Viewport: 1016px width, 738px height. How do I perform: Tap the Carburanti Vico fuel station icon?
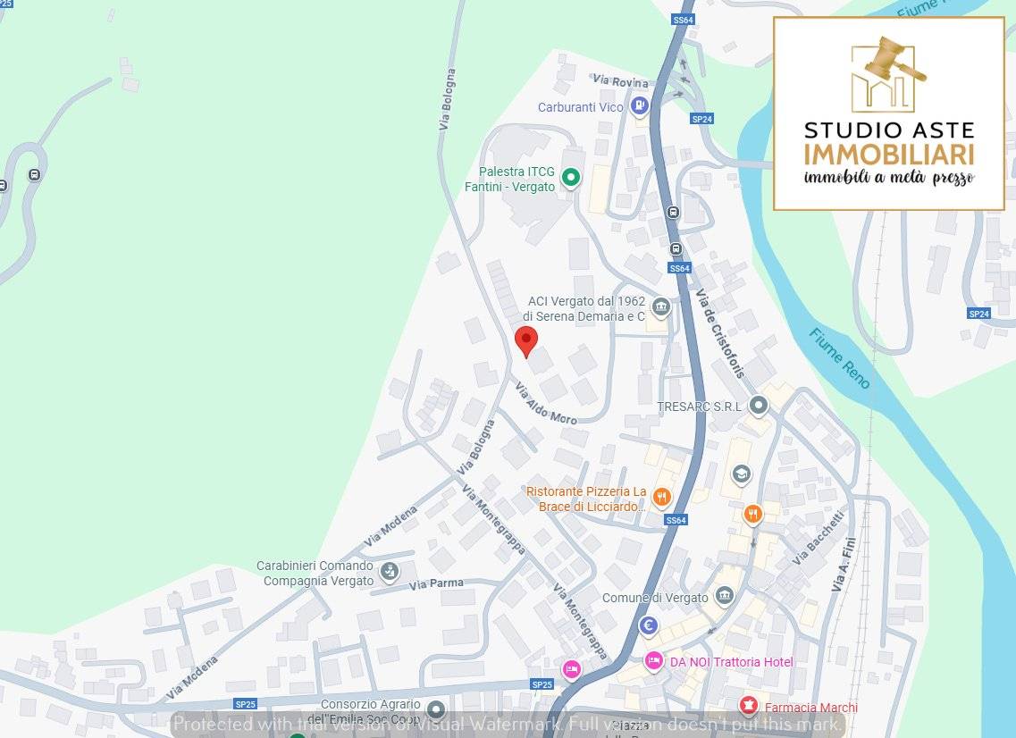(639, 107)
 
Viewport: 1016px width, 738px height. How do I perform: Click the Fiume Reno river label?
(839, 358)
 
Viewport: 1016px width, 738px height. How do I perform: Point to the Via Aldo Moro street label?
(546, 403)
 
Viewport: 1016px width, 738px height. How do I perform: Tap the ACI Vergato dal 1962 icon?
(660, 308)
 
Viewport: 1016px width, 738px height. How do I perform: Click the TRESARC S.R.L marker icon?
(759, 407)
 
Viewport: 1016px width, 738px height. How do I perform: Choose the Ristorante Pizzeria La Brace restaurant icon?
(661, 498)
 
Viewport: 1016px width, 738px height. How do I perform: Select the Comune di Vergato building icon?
(725, 596)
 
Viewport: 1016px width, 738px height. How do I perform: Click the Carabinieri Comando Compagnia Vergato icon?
(389, 571)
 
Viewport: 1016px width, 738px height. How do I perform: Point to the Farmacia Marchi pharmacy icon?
(749, 707)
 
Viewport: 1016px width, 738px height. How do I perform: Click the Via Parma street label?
(437, 583)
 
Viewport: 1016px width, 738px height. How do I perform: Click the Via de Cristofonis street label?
(720, 333)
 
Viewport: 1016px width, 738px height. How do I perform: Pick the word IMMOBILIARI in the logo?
(888, 153)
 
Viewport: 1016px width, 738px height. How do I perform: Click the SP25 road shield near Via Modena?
(246, 703)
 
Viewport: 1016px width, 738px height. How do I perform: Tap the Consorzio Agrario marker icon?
(436, 710)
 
